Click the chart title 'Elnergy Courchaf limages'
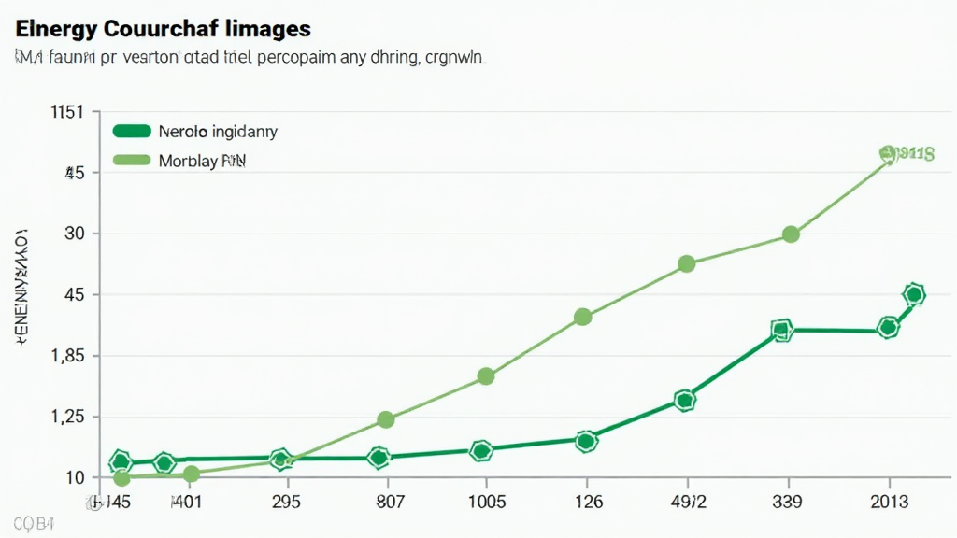(163, 27)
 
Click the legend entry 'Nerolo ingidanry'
(218, 132)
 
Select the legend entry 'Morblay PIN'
(202, 161)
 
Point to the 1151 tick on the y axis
(66, 112)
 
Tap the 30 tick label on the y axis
(74, 234)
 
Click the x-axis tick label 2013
(890, 502)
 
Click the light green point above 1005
(485, 376)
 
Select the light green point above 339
(791, 234)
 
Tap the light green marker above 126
(582, 318)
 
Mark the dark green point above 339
(782, 330)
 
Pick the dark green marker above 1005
(481, 451)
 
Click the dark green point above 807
(379, 458)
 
